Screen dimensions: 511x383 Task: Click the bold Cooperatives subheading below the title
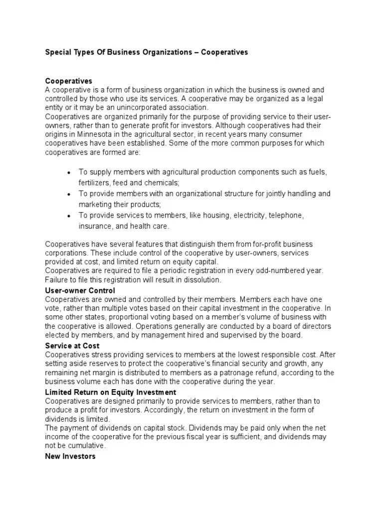tap(69, 81)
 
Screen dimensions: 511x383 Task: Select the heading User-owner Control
tap(80, 290)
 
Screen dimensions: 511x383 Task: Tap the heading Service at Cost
tap(72, 345)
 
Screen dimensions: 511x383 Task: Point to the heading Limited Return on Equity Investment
tap(111, 392)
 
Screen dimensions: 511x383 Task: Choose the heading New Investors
tap(70, 456)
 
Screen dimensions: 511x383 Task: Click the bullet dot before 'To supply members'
tap(68, 173)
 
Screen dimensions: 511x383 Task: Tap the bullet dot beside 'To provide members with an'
tap(68, 194)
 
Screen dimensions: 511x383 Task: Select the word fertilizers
tap(94, 183)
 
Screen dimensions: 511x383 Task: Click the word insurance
tap(95, 226)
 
